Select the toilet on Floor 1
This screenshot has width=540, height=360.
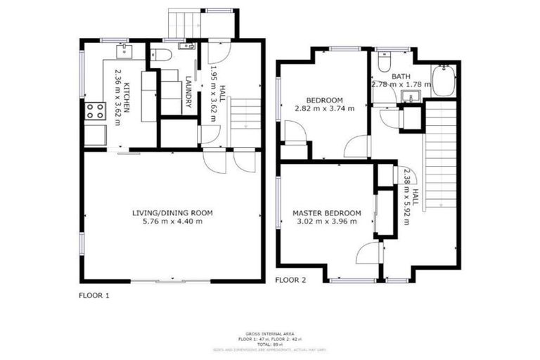tap(160, 57)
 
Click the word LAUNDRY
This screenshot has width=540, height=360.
tap(188, 94)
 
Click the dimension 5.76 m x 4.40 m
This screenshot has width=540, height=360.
tap(172, 221)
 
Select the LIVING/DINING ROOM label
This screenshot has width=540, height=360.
tap(172, 212)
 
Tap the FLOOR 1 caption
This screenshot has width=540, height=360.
tap(94, 296)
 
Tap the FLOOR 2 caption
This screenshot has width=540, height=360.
tap(290, 280)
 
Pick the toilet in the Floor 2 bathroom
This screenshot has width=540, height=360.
tap(384, 63)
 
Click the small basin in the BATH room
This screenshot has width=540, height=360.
tap(407, 96)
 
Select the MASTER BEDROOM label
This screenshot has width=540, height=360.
tap(327, 213)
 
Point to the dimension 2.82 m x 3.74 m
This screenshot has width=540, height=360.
tap(324, 108)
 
